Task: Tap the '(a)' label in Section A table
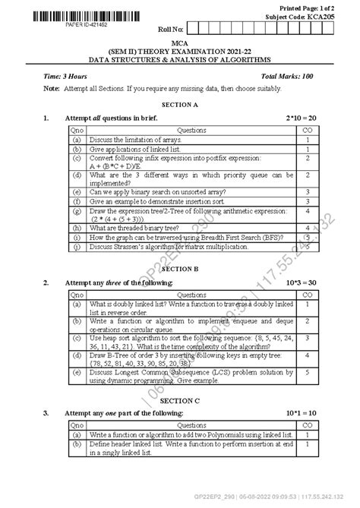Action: tap(77, 140)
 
